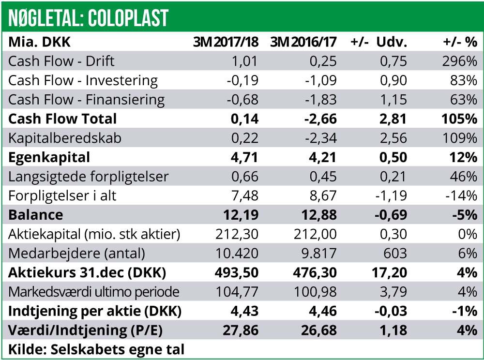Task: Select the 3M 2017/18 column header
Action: (226, 42)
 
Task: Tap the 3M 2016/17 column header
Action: (303, 42)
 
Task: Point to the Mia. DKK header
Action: (40, 42)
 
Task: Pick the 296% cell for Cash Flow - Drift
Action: (459, 61)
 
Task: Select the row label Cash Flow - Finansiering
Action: (87, 100)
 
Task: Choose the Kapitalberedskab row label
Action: (65, 138)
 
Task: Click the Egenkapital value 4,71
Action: (245, 157)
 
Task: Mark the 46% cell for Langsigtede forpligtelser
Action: (465, 176)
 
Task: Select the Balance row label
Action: (36, 214)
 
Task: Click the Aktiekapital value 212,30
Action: (237, 234)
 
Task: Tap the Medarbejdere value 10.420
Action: (237, 253)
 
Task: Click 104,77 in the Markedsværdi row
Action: (237, 292)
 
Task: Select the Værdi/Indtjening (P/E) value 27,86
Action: (241, 330)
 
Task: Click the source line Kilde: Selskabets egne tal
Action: (96, 349)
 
